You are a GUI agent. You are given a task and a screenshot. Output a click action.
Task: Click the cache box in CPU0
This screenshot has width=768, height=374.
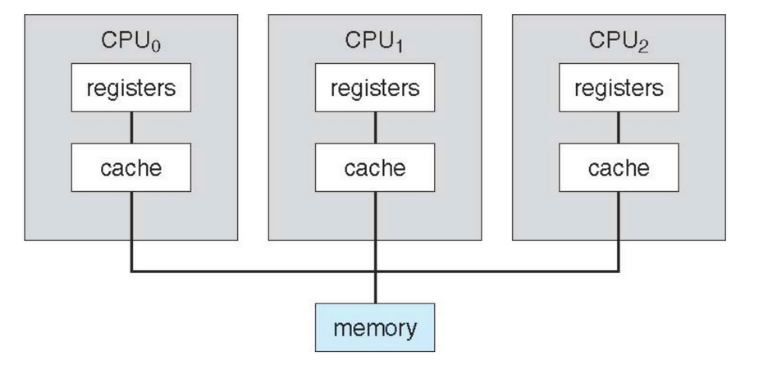point(131,169)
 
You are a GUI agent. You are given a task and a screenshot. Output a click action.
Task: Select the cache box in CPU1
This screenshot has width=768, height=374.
point(376,169)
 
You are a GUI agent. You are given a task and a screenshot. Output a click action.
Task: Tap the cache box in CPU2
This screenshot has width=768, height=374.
point(619,169)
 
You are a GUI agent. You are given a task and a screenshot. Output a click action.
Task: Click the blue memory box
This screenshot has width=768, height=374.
point(375,327)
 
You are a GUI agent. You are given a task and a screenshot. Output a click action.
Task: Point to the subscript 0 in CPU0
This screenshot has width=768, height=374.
point(156,47)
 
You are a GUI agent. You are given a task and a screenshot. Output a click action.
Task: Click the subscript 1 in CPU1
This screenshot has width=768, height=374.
point(400,47)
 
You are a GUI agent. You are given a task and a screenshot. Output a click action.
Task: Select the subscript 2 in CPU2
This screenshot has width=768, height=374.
point(644,47)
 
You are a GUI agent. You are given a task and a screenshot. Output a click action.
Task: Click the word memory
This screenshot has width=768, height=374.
point(375,328)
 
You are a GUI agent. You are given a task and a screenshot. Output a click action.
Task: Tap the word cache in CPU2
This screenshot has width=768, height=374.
point(619,169)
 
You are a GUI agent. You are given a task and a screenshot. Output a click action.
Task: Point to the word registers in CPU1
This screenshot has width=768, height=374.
point(376,89)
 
